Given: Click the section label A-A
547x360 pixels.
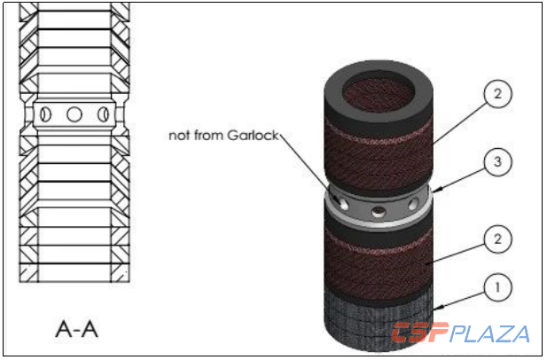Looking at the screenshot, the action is point(77,329).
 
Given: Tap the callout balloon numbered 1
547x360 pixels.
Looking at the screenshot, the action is point(498,287).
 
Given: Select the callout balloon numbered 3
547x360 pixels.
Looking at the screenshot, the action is point(498,161).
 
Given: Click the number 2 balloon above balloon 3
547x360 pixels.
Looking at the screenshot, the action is point(498,94).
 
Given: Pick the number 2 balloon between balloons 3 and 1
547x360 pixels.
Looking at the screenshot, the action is point(498,239).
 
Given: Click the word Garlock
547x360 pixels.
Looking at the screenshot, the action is point(253,135).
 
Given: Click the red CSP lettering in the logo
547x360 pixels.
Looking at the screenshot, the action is point(420,333).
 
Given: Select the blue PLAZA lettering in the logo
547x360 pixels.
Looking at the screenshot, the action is point(489,333).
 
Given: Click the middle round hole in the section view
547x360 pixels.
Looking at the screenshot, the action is point(74,114).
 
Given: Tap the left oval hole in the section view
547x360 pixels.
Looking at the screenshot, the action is point(45,114).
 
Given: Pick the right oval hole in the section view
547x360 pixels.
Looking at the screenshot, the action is point(103,114).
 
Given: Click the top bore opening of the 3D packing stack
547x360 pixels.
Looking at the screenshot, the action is point(379,91).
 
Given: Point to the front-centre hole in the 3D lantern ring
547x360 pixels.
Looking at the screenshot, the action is point(379,211).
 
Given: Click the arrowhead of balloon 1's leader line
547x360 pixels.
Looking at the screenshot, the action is point(437,308).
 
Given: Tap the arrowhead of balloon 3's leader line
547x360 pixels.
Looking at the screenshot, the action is point(436,190).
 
